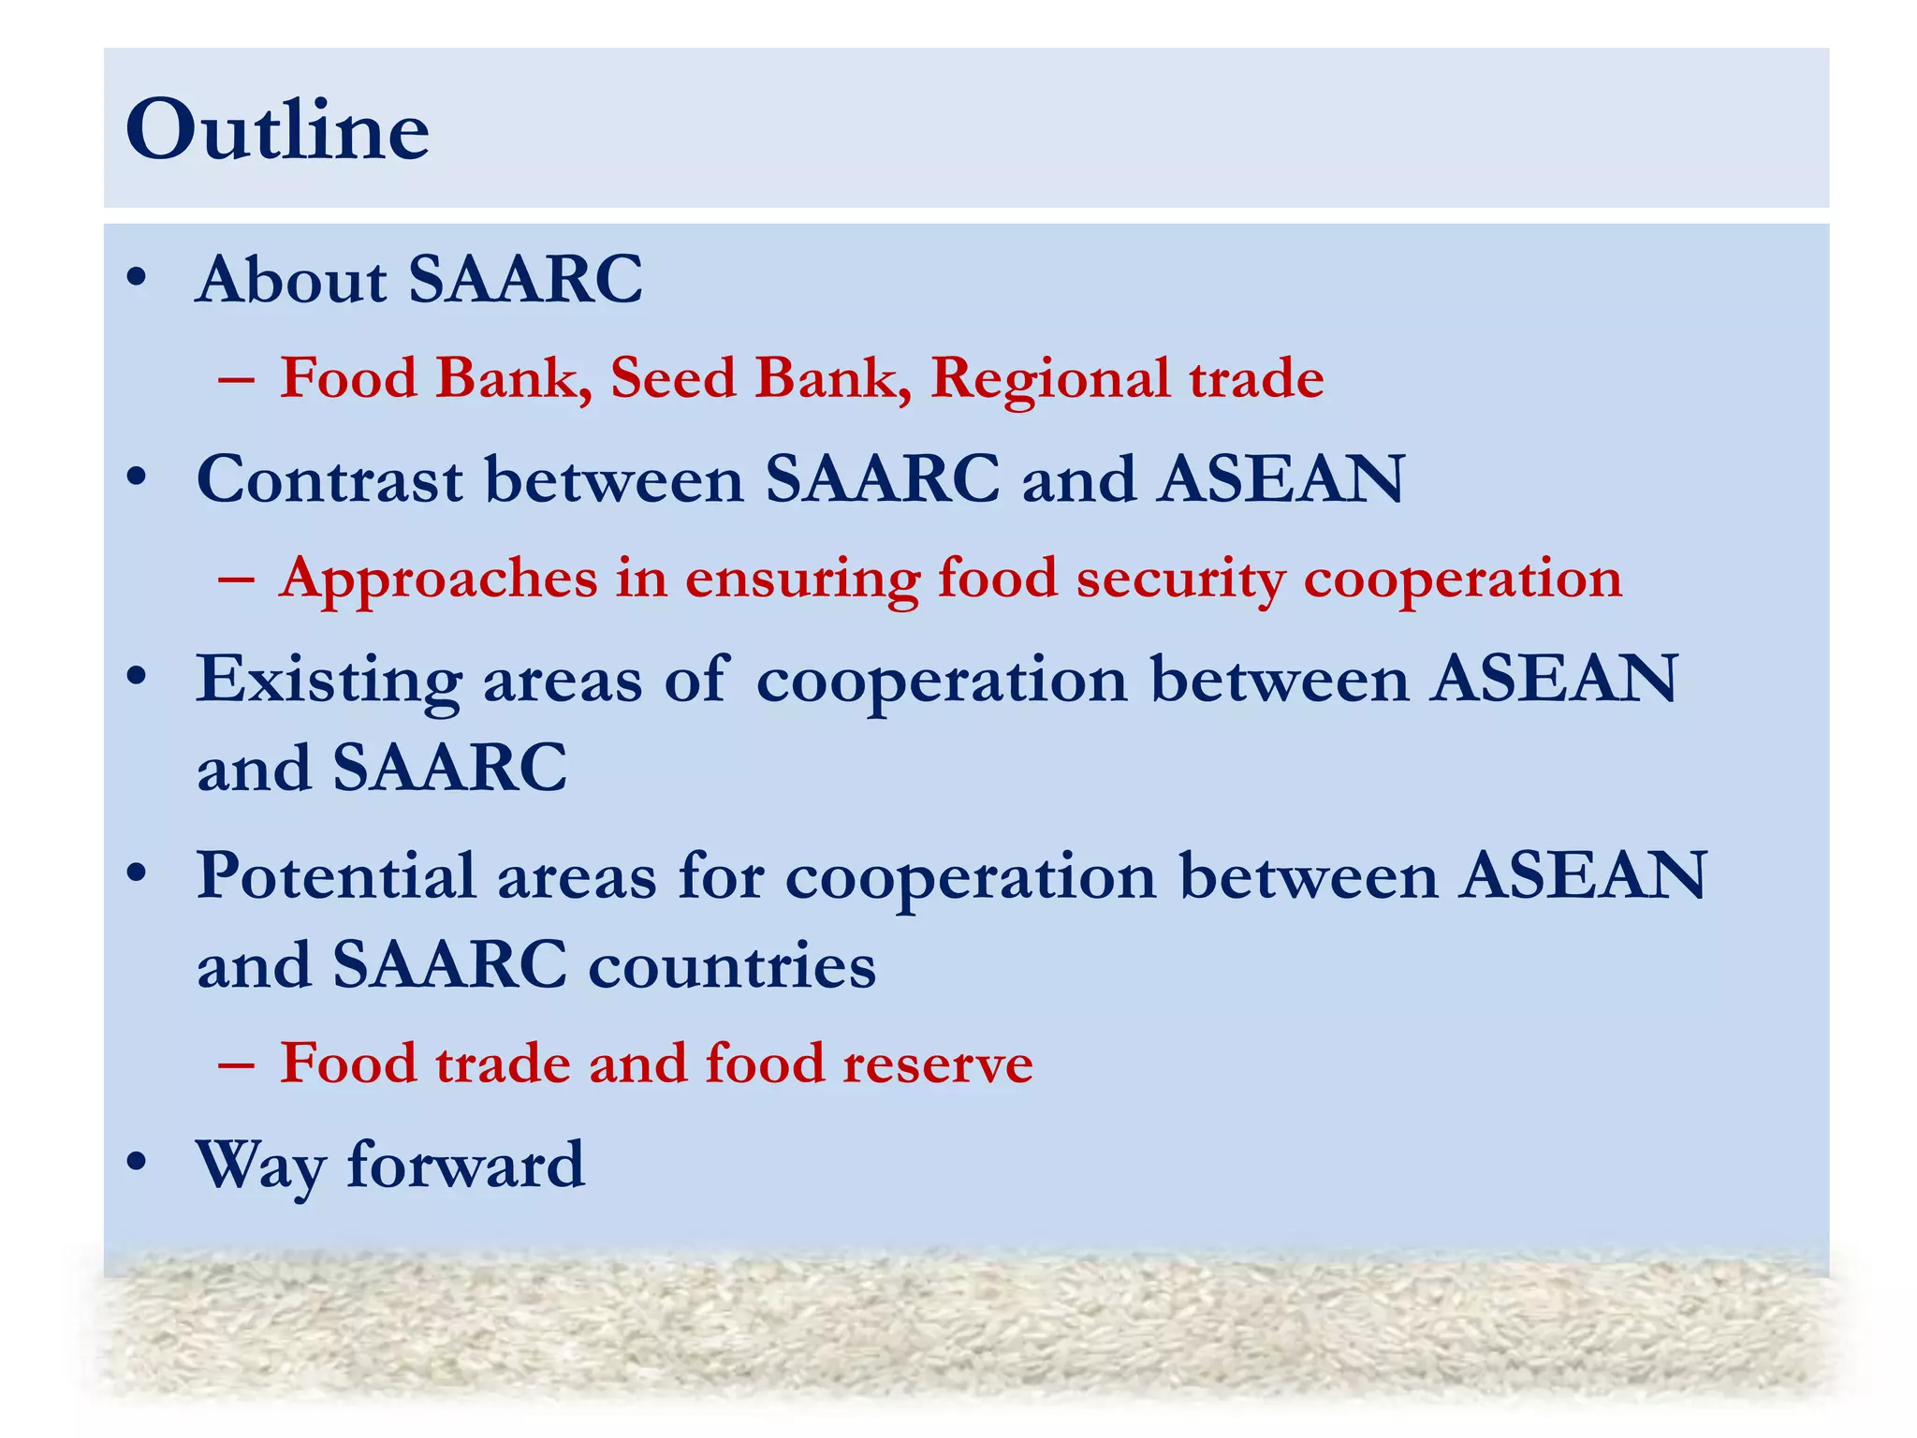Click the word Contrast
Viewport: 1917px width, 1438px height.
pyautogui.click(x=329, y=479)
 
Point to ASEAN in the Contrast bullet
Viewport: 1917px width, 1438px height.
pyautogui.click(x=1280, y=479)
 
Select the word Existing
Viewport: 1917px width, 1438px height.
pyautogui.click(x=328, y=680)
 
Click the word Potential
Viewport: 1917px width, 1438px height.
pyautogui.click(x=335, y=876)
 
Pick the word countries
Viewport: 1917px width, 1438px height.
pyautogui.click(x=732, y=965)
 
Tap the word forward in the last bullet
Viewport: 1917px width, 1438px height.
pyautogui.click(x=465, y=1165)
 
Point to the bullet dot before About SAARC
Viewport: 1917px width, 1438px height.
pyautogui.click(x=137, y=278)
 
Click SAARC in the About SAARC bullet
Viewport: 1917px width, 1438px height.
pyautogui.click(x=525, y=279)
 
